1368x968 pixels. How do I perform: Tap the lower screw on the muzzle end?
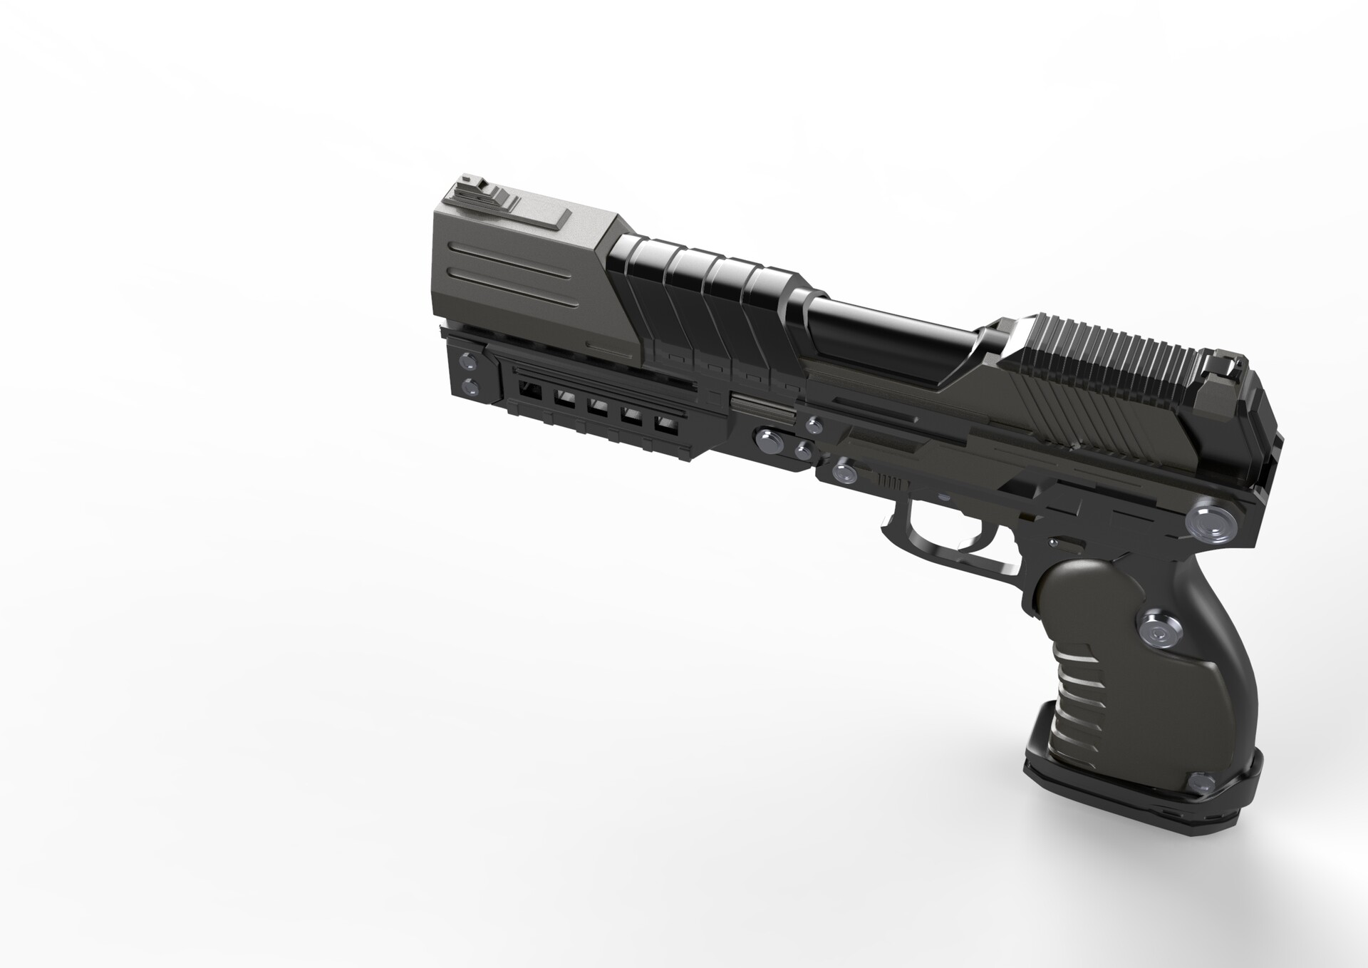point(470,388)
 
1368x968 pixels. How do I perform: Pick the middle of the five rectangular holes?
point(597,408)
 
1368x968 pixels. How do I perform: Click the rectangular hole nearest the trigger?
point(664,426)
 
